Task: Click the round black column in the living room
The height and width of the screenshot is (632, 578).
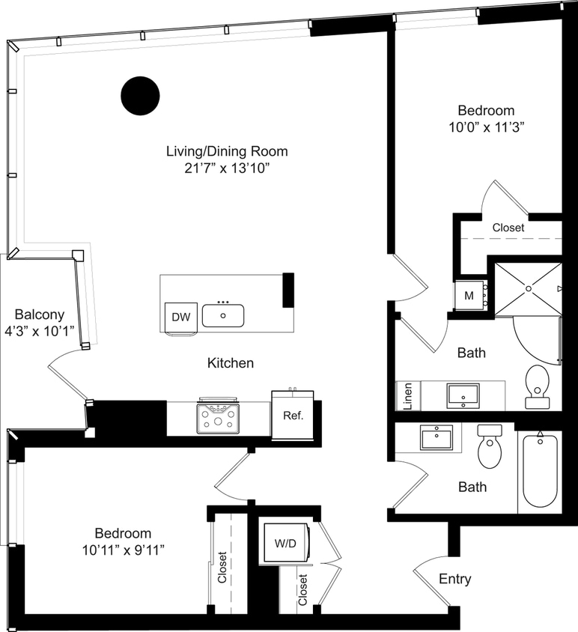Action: click(140, 96)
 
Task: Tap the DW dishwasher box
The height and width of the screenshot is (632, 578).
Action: click(180, 317)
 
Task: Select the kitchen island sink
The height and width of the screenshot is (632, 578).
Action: click(223, 316)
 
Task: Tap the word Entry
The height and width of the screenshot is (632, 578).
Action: click(454, 579)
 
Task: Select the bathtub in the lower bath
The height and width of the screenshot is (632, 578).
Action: click(539, 471)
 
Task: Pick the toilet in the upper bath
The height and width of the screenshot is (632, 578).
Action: click(538, 386)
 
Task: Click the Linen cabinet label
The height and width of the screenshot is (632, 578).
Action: click(407, 396)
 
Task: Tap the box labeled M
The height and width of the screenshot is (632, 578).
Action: click(469, 295)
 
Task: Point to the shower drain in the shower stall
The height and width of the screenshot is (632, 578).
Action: click(529, 288)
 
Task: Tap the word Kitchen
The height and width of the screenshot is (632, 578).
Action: click(231, 363)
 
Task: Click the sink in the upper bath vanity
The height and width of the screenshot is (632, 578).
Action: click(463, 395)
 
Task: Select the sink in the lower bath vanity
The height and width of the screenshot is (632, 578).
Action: click(436, 437)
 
